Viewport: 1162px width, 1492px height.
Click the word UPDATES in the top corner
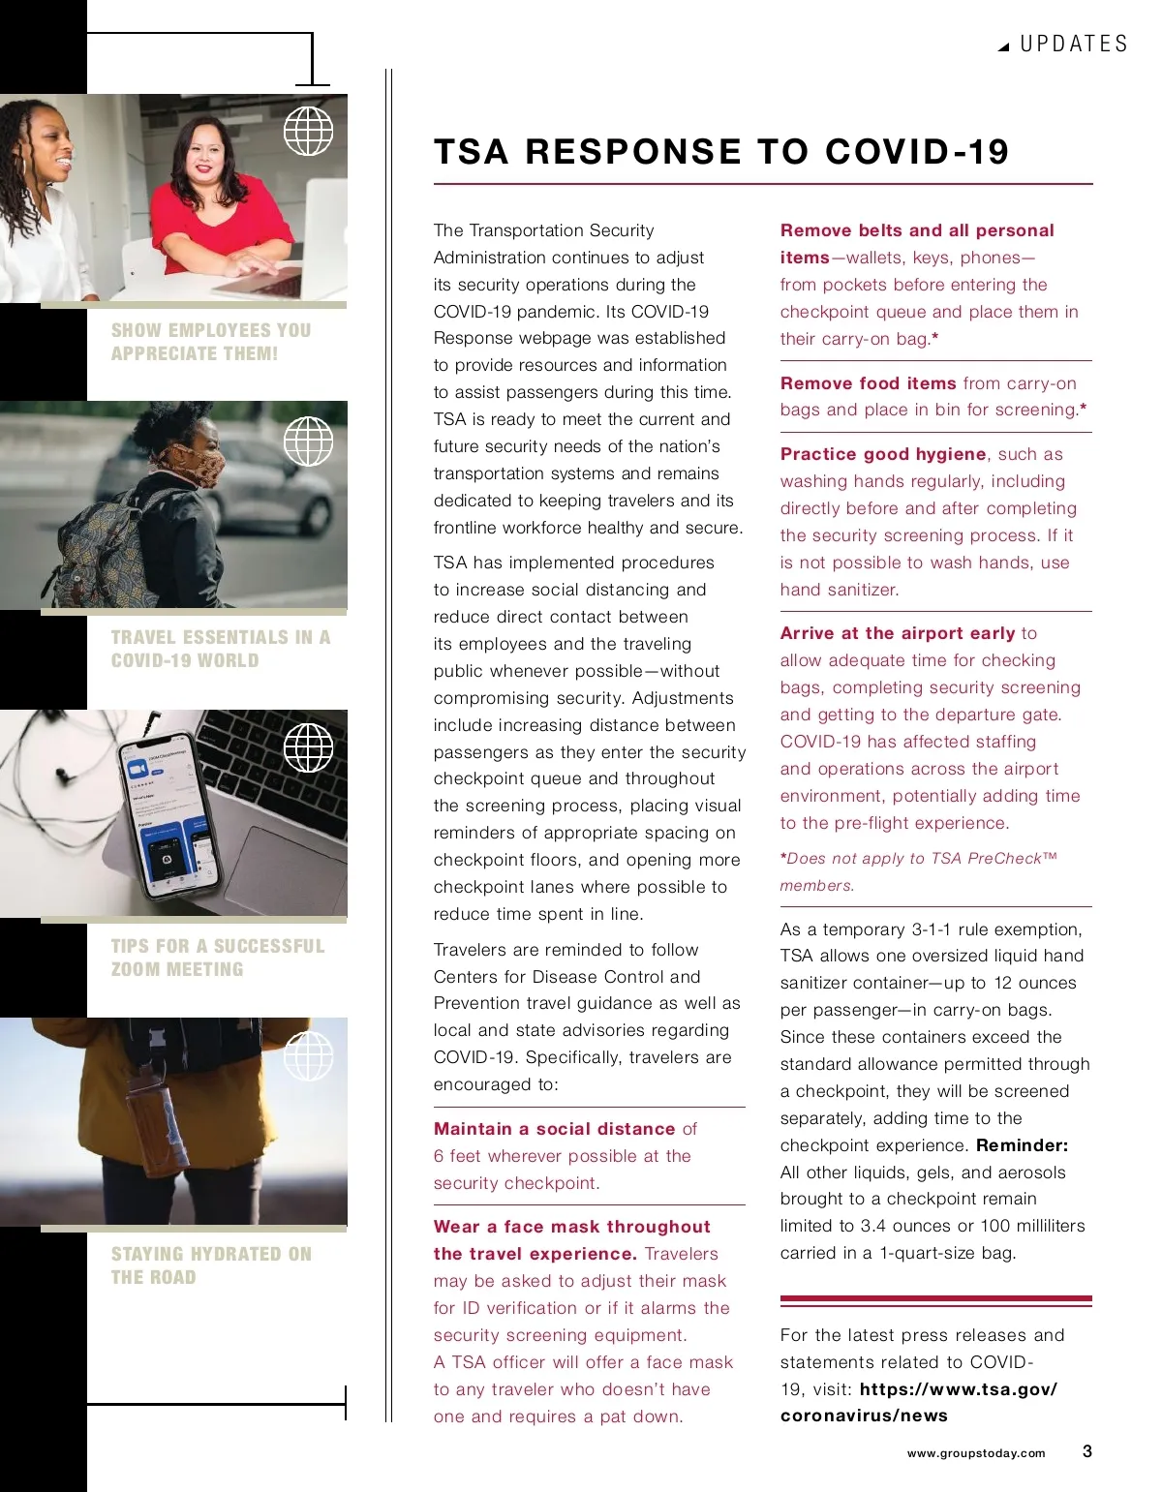click(x=1074, y=45)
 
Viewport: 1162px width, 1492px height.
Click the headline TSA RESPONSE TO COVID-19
click(x=721, y=152)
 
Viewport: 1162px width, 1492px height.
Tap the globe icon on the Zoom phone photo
click(x=308, y=747)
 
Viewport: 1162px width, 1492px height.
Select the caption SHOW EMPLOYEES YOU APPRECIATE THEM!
click(x=211, y=342)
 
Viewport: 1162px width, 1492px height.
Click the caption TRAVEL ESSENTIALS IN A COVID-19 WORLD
click(x=221, y=649)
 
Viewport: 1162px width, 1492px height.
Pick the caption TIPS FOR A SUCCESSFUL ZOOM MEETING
click(x=218, y=958)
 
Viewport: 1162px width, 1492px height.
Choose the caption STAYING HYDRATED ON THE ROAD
click(x=211, y=1265)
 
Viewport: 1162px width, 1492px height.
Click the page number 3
click(x=1087, y=1451)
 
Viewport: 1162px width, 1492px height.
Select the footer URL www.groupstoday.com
click(x=976, y=1453)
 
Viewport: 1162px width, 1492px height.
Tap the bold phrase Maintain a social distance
click(x=554, y=1129)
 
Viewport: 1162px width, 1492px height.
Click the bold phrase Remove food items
click(x=868, y=383)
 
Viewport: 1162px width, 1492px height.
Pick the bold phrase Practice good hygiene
click(x=883, y=454)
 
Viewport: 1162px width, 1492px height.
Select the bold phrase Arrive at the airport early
click(x=898, y=633)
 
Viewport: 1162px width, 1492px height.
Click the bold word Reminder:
click(x=1022, y=1145)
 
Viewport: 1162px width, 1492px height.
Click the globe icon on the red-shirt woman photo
click(x=308, y=131)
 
